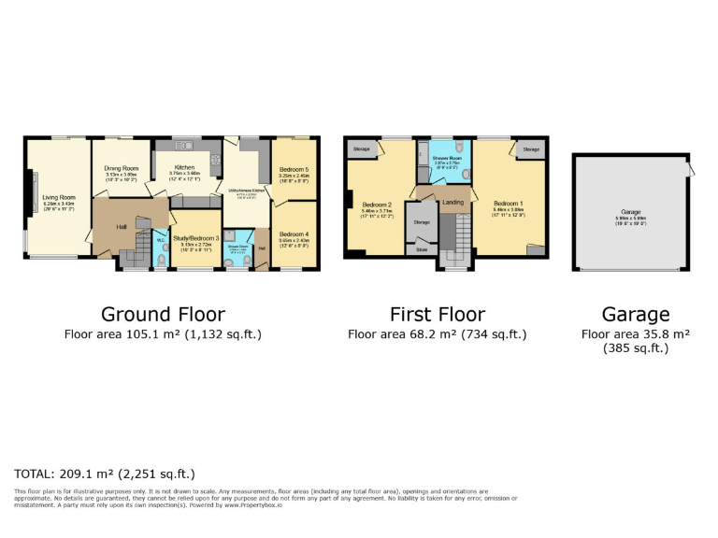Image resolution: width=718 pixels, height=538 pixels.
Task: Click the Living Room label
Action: click(x=58, y=197)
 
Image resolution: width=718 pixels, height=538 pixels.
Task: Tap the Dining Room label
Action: click(x=121, y=168)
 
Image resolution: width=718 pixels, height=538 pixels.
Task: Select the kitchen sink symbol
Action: click(x=183, y=145)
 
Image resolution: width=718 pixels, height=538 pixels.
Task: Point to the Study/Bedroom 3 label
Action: click(x=194, y=240)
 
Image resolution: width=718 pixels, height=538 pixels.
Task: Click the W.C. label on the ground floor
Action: click(x=159, y=239)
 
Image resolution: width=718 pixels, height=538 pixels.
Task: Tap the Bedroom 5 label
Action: click(x=294, y=169)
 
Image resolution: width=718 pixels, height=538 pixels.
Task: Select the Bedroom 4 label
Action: click(x=294, y=234)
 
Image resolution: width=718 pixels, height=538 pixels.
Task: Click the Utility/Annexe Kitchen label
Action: click(x=248, y=190)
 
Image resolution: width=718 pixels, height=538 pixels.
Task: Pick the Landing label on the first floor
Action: click(x=452, y=202)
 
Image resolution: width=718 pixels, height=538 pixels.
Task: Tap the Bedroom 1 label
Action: click(x=509, y=203)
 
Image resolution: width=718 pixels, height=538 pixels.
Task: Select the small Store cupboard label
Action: click(x=422, y=249)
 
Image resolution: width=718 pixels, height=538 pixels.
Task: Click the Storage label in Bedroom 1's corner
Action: click(x=531, y=149)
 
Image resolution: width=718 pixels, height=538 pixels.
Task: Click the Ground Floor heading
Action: click(x=163, y=314)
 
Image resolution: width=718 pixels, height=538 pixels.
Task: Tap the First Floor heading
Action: click(x=437, y=314)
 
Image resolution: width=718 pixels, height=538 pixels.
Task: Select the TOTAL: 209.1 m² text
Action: click(x=105, y=474)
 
